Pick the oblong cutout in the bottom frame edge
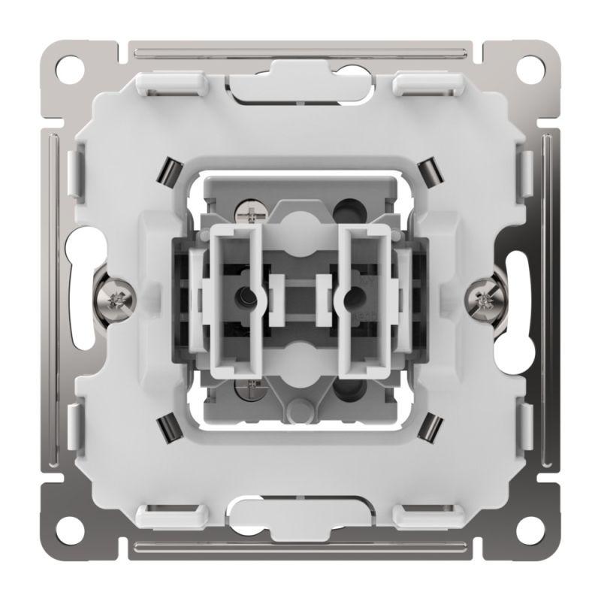(300, 517)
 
